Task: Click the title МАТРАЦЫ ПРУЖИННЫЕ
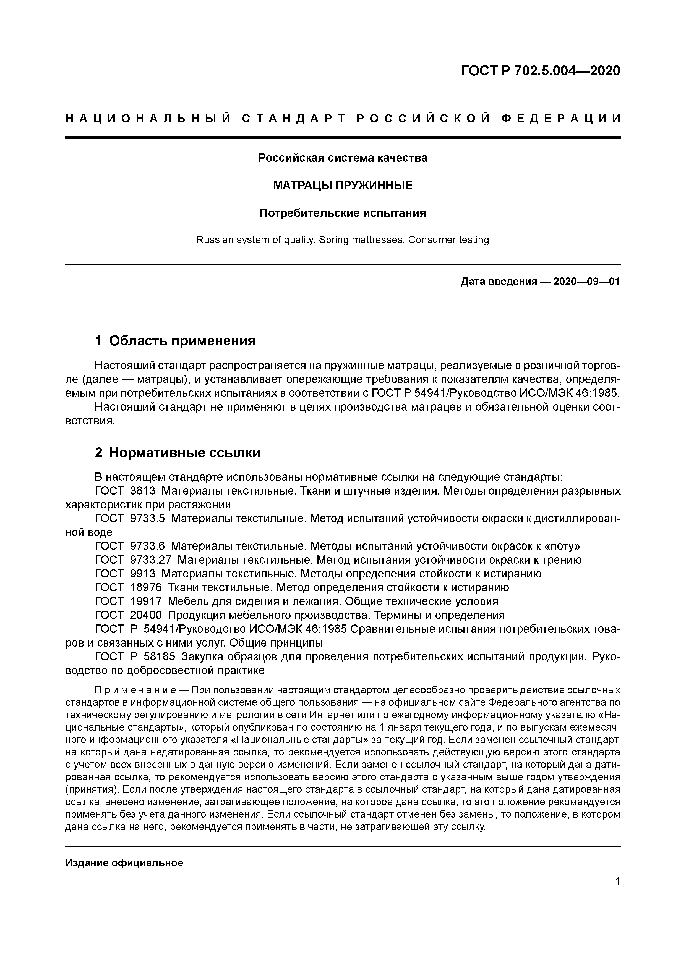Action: point(343,185)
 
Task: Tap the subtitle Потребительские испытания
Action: point(343,213)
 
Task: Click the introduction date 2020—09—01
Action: point(586,282)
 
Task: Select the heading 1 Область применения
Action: point(175,341)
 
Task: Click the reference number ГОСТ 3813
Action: point(126,491)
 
